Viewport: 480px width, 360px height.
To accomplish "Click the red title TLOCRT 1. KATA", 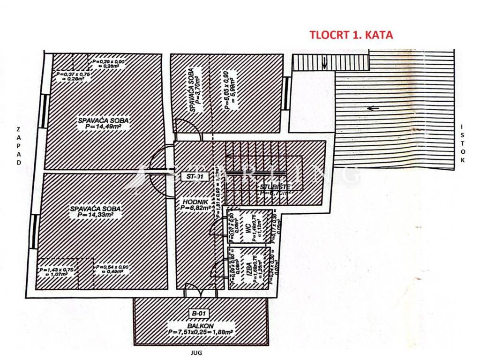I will [x=351, y=35].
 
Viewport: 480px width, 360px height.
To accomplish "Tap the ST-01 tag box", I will [x=193, y=176].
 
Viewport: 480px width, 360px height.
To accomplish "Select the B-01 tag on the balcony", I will [x=199, y=314].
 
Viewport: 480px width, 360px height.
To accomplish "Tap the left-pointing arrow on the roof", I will [x=373, y=109].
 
